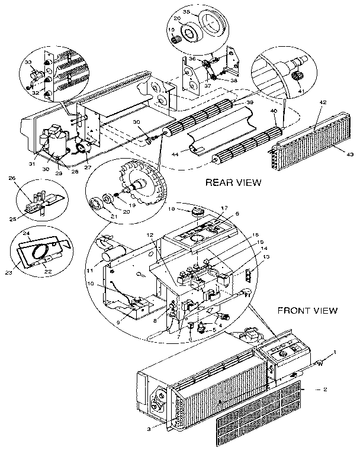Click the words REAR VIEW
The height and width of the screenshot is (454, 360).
[233, 182]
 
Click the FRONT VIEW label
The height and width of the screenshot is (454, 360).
[307, 310]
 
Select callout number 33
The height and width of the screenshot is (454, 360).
[27, 63]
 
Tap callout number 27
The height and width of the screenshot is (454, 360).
[88, 168]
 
